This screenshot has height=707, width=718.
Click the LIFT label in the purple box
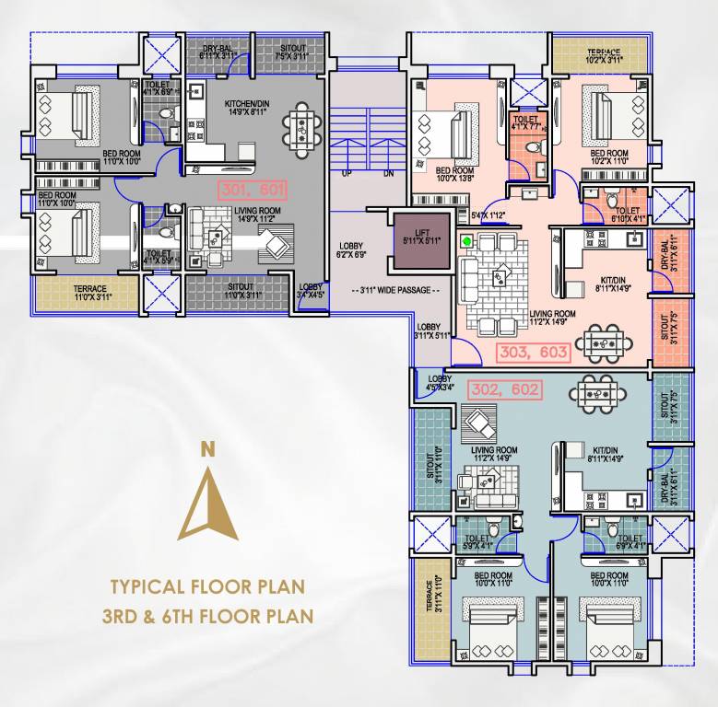[421, 234]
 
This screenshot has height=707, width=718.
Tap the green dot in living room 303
[468, 242]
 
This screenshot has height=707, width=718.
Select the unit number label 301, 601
[253, 191]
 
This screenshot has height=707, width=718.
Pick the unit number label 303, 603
[533, 352]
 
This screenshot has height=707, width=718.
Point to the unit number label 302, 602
[503, 389]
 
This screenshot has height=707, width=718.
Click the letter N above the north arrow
[208, 449]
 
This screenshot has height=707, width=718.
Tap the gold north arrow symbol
[208, 502]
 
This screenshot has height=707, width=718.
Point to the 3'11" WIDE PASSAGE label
[397, 291]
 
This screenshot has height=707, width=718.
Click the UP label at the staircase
[347, 173]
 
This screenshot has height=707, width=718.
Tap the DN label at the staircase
[388, 173]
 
